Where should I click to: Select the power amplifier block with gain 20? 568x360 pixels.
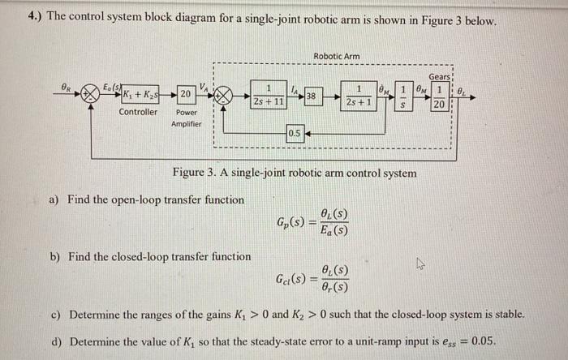[x=185, y=94]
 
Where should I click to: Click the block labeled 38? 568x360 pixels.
[x=312, y=96]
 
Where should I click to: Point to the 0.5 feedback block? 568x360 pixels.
[x=295, y=133]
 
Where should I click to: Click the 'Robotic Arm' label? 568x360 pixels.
[x=336, y=56]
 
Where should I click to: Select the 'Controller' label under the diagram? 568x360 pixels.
[x=139, y=112]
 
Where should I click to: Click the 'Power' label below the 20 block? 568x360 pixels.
[x=186, y=112]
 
